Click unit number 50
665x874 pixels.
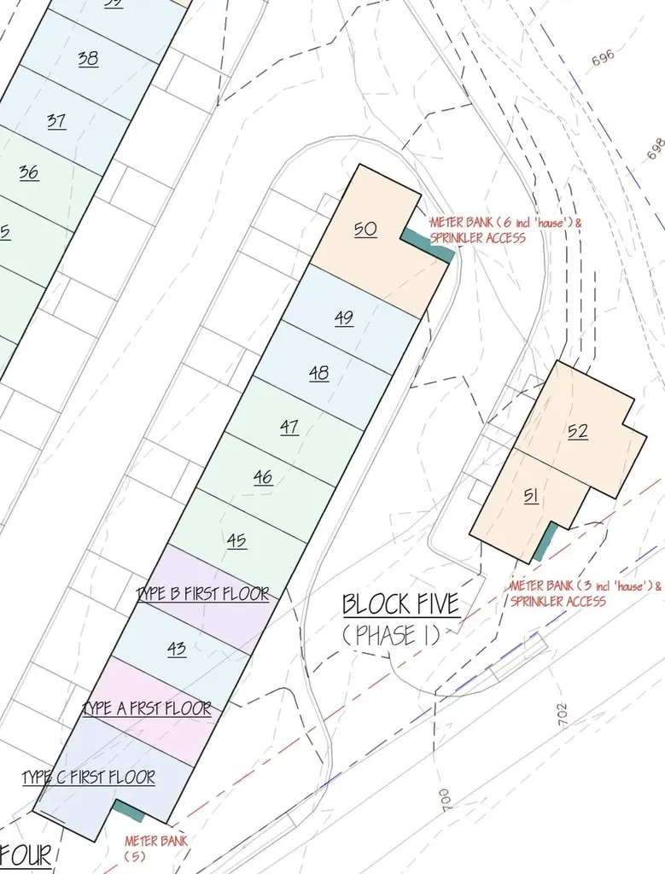pyautogui.click(x=365, y=230)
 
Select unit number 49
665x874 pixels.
pyautogui.click(x=344, y=318)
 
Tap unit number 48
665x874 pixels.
pyautogui.click(x=318, y=373)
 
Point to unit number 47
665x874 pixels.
pyautogui.click(x=289, y=427)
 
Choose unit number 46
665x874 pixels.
pyautogui.click(x=263, y=478)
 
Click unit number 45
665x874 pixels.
pyautogui.click(x=236, y=540)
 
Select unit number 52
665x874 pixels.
pyautogui.click(x=578, y=432)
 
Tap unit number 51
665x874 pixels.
pyautogui.click(x=531, y=496)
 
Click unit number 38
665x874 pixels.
pyautogui.click(x=88, y=59)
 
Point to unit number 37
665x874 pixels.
pyautogui.click(x=56, y=121)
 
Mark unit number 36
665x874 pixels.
pyautogui.click(x=28, y=172)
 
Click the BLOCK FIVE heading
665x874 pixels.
pyautogui.click(x=400, y=605)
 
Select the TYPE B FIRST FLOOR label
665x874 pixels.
pyautogui.click(x=203, y=594)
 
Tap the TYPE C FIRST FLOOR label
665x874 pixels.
pyautogui.click(x=89, y=778)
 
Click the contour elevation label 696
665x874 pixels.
pyautogui.click(x=603, y=58)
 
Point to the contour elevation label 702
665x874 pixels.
pyautogui.click(x=563, y=714)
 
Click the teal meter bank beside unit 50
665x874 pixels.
pyautogui.click(x=428, y=244)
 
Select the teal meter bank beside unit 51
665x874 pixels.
pyautogui.click(x=545, y=542)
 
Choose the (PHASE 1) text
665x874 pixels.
pyautogui.click(x=391, y=636)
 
